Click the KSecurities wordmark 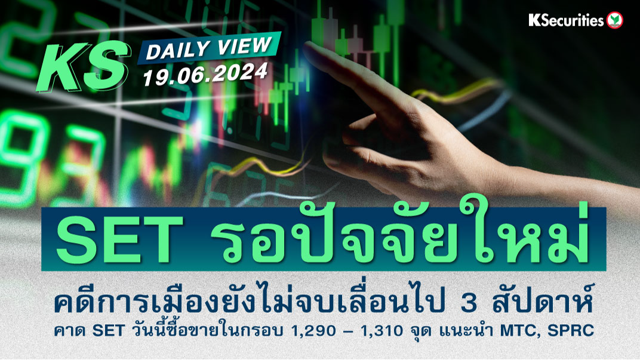[x=566, y=20]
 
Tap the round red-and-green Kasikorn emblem [x=614, y=20]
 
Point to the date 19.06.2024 [x=205, y=74]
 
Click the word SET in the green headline [x=120, y=239]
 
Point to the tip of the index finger [x=307, y=49]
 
